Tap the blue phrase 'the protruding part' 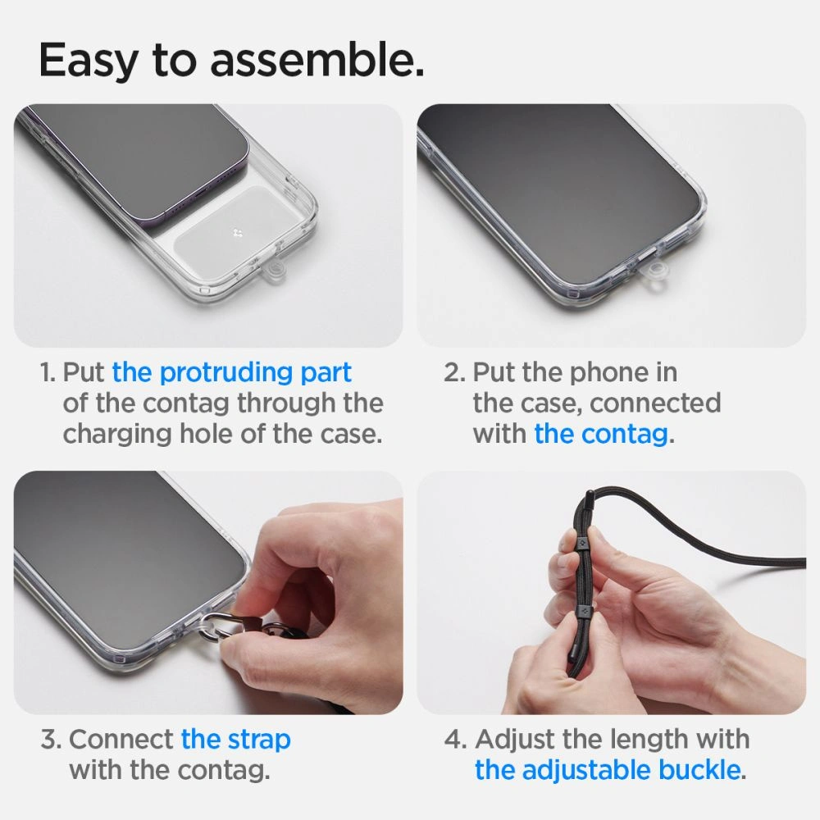tap(231, 372)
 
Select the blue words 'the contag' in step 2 tap(600, 434)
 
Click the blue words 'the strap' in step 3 tap(235, 739)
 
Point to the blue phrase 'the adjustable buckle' tap(607, 770)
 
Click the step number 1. tap(48, 372)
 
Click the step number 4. tap(455, 739)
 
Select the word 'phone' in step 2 tap(608, 372)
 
